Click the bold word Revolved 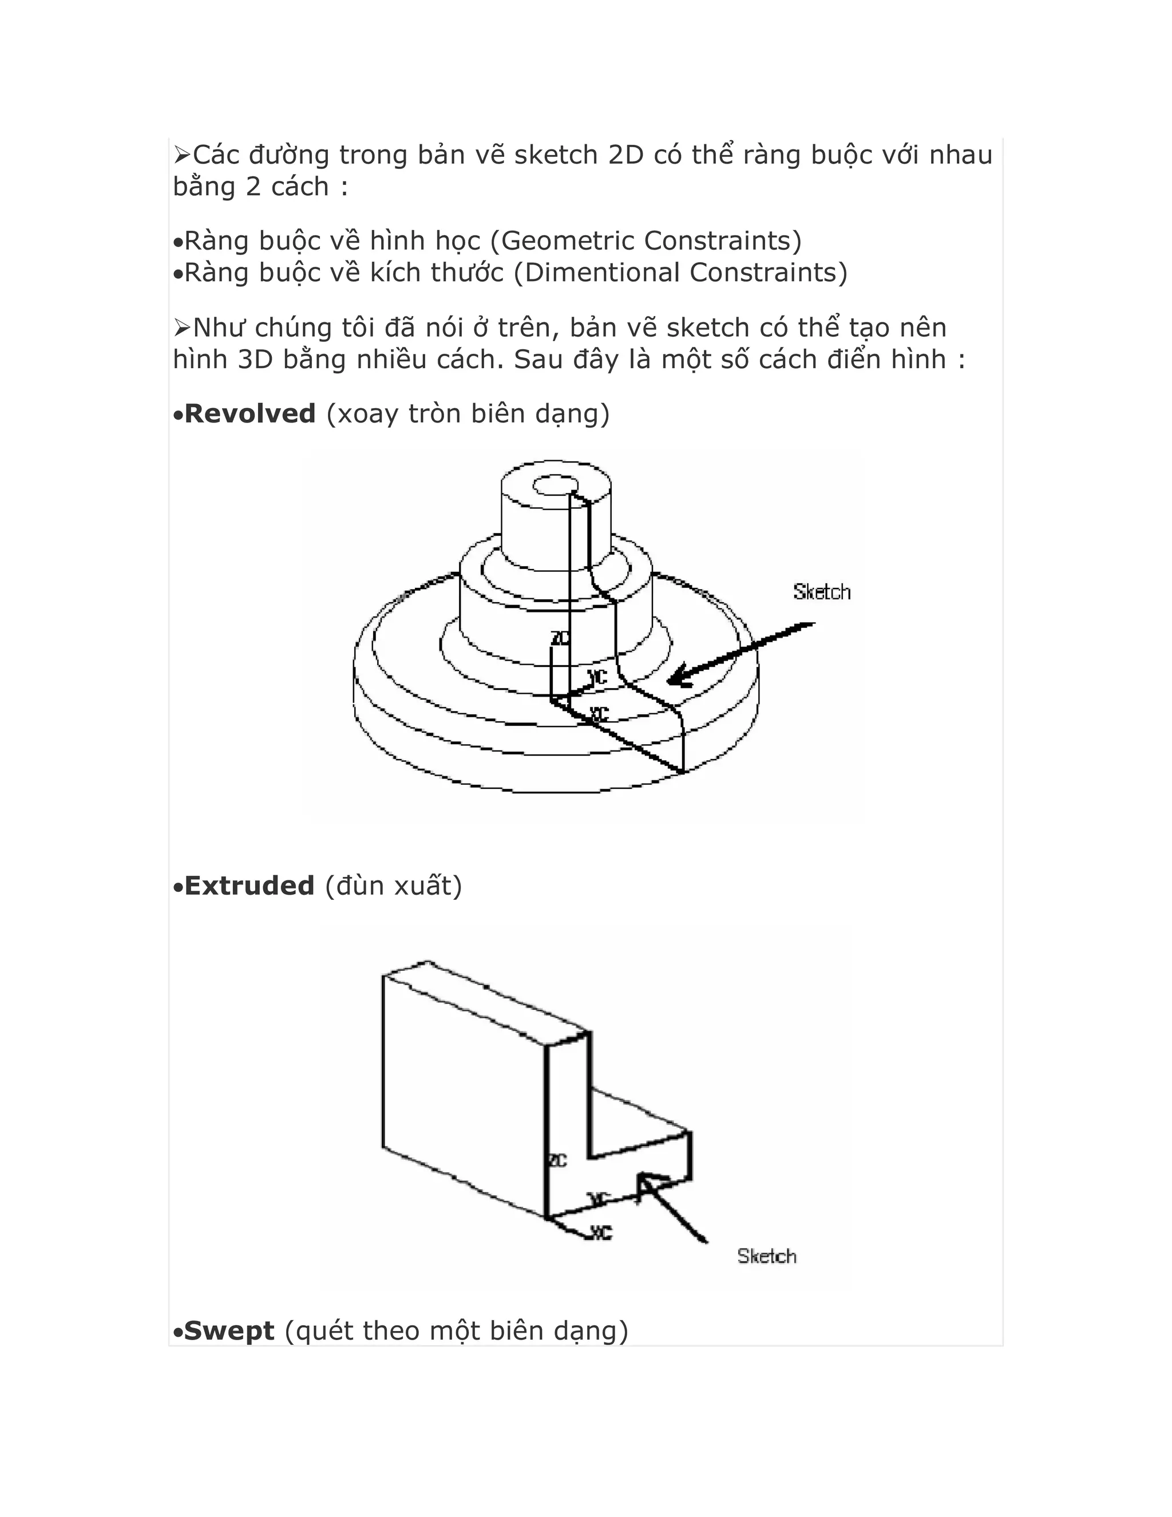250,414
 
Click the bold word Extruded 250,886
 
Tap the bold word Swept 229,1331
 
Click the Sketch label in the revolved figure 821,592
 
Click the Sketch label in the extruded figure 766,1256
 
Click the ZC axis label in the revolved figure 560,638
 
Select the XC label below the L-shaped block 601,1232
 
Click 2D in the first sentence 625,155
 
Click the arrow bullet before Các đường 182,155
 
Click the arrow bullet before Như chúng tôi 182,327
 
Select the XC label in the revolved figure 599,713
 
